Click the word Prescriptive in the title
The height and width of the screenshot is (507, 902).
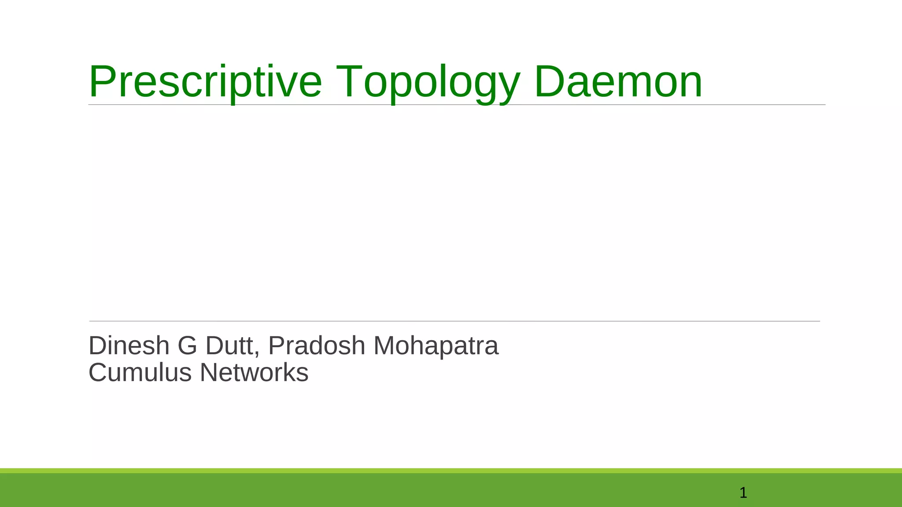point(205,82)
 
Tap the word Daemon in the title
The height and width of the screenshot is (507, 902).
point(618,82)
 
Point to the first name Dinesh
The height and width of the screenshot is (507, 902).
point(129,345)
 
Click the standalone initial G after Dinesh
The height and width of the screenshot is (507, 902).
point(188,345)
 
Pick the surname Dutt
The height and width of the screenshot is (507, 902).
point(230,345)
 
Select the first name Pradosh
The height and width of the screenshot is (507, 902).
point(317,345)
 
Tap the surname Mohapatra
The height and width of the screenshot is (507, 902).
point(436,345)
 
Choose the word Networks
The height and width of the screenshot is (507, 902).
point(254,373)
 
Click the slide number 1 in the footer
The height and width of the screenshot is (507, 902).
point(743,493)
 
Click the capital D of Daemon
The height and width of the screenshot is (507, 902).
point(548,82)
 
